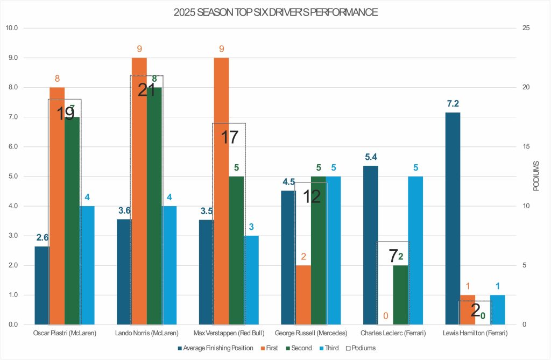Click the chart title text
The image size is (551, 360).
pyautogui.click(x=275, y=12)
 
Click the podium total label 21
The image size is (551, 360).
pyautogui.click(x=146, y=90)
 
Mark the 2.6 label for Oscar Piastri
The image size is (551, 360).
pyautogui.click(x=43, y=237)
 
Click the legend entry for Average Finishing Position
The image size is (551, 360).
pyautogui.click(x=215, y=348)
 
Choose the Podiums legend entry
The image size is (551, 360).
pyautogui.click(x=361, y=348)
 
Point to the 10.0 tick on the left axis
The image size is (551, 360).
pyautogui.click(x=12, y=28)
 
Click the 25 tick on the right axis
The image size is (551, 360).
pyautogui.click(x=530, y=28)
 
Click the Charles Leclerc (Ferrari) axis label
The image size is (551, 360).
pyautogui.click(x=393, y=334)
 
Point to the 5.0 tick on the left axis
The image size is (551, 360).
pyautogui.click(x=12, y=177)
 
